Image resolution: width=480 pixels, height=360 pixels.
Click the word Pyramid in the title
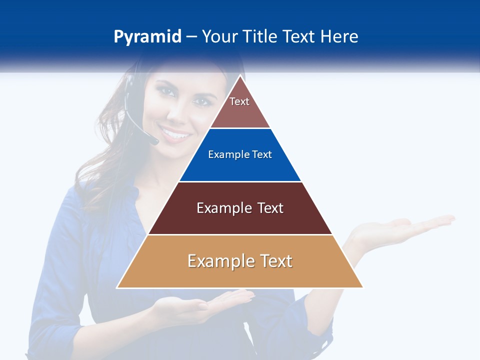click(x=147, y=37)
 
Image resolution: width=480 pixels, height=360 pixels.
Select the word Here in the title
click(x=339, y=37)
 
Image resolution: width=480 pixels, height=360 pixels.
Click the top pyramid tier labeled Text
click(x=239, y=107)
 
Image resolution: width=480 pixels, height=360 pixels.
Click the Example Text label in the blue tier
click(x=240, y=154)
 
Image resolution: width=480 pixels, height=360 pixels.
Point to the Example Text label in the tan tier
click(x=240, y=261)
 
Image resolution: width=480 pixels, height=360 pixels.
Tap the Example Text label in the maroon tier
click(x=240, y=208)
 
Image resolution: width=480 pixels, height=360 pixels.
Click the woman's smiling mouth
click(x=176, y=134)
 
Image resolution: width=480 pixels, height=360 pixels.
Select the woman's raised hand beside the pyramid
click(x=400, y=227)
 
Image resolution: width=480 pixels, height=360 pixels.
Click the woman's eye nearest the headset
click(x=166, y=91)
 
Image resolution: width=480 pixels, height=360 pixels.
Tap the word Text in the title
click(x=299, y=37)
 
